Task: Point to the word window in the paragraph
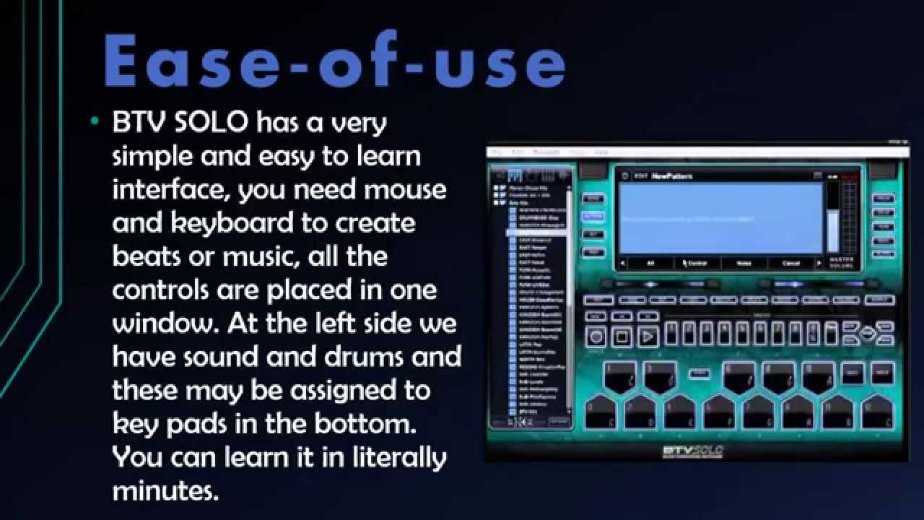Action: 165,324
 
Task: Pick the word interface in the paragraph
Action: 170,190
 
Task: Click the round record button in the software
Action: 596,336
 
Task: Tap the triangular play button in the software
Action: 648,336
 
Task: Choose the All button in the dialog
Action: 650,264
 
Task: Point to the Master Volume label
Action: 841,263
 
